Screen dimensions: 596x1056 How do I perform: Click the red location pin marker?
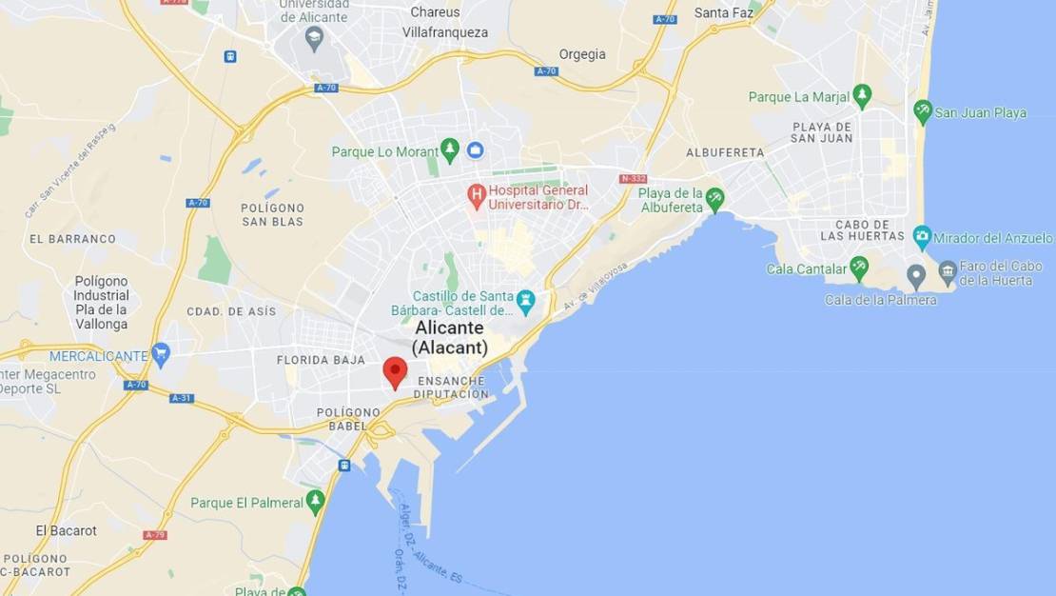pos(395,371)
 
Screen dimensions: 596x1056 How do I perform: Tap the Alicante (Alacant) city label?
pos(450,338)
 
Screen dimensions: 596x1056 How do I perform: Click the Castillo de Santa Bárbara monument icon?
pos(526,303)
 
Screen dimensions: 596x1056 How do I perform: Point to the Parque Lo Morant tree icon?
pos(450,150)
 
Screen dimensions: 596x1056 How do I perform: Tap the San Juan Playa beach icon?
pos(922,112)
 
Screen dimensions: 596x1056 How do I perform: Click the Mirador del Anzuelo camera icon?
pos(922,238)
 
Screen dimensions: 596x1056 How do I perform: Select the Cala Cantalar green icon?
pos(859,268)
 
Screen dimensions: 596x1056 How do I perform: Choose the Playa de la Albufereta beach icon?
pos(714,200)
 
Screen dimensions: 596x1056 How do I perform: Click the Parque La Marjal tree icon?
pos(862,96)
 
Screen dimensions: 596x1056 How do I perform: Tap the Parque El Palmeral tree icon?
pos(315,502)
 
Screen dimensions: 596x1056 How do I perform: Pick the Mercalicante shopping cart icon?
pos(161,355)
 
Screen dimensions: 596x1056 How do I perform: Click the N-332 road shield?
pos(633,179)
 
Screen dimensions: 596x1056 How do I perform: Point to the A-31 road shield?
pos(182,398)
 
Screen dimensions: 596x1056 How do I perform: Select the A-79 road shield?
pos(155,535)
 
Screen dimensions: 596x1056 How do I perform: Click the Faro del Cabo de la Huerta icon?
pos(948,273)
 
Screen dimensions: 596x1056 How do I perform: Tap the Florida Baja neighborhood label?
pos(321,360)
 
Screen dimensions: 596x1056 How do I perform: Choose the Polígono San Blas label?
pos(272,214)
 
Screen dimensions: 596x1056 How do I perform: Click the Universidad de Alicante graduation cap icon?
pos(314,38)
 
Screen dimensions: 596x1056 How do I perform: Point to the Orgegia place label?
pos(582,54)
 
